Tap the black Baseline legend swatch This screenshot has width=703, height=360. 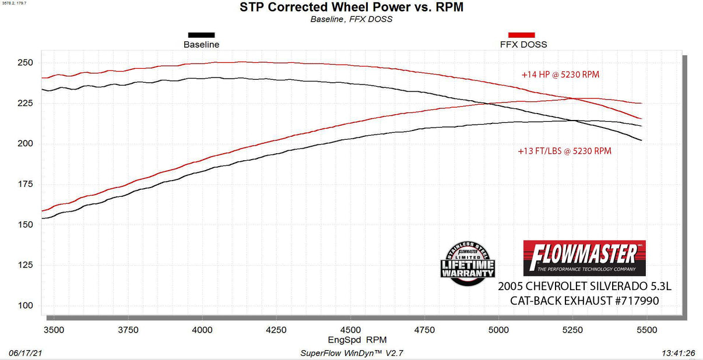201,35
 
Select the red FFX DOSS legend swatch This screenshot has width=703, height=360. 522,35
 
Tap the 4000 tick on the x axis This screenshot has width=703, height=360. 202,330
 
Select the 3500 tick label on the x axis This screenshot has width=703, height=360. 54,330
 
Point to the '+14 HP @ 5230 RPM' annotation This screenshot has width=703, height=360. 560,75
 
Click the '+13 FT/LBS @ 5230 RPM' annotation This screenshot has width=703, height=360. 564,151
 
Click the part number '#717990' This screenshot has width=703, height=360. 634,301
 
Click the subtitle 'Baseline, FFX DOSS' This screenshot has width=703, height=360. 351,19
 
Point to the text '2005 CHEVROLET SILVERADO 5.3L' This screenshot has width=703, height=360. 584,287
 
